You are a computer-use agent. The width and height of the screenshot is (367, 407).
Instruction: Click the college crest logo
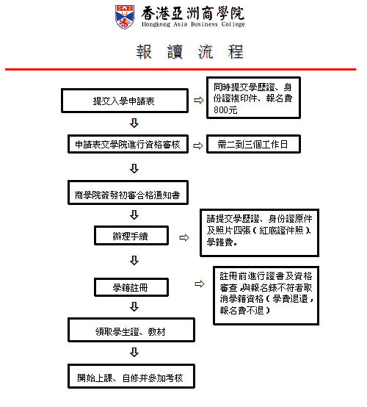[125, 17]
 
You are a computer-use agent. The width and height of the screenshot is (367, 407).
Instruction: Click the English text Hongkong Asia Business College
[193, 24]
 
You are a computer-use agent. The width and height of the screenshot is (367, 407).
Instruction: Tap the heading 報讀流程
[190, 52]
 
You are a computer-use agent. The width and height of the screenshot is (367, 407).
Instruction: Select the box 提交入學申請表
[125, 101]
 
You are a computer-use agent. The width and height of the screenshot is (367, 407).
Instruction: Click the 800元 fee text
[225, 110]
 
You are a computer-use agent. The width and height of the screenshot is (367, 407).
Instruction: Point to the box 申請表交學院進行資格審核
[128, 144]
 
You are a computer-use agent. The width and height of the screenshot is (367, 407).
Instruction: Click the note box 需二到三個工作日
[253, 144]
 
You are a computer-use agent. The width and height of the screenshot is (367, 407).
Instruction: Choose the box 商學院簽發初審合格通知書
[128, 192]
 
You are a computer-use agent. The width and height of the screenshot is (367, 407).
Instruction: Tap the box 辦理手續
[131, 235]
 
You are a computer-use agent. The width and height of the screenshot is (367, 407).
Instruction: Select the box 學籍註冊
[131, 287]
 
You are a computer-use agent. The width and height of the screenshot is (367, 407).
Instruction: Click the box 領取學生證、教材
[131, 330]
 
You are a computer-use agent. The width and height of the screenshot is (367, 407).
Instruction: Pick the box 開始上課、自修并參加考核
[131, 376]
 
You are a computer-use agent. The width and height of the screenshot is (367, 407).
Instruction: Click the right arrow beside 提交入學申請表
[199, 100]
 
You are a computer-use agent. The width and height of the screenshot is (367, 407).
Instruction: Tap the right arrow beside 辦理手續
[184, 237]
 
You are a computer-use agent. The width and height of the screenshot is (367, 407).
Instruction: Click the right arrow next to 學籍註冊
[200, 284]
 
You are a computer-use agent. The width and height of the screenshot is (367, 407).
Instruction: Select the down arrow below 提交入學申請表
[134, 123]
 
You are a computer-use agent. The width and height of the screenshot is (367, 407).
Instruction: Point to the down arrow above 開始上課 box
[134, 352]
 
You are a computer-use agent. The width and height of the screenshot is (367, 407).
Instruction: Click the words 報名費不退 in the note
[241, 311]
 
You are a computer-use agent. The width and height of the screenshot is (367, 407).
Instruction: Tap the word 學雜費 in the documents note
[219, 242]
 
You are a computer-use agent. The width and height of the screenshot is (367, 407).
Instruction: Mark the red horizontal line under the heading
[181, 69]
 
